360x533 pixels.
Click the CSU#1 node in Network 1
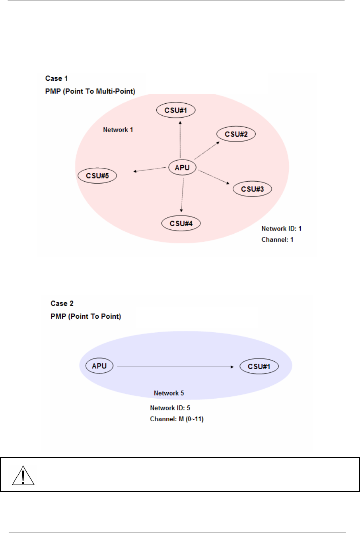coord(176,110)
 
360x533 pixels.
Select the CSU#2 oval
coord(236,134)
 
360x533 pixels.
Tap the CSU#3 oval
coord(252,189)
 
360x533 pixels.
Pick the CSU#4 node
coord(181,223)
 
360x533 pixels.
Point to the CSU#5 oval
coord(97,175)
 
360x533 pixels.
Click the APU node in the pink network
coord(182,167)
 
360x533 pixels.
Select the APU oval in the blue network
coord(99,366)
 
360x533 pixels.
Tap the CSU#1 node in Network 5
coord(259,366)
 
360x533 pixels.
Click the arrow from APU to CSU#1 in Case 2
coord(175,367)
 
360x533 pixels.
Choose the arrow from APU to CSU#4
coord(183,195)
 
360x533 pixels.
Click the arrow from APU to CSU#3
coord(214,177)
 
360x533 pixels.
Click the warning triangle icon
coord(23,476)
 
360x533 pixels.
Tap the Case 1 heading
coord(56,78)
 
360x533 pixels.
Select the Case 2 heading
coord(62,303)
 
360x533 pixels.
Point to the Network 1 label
coord(118,130)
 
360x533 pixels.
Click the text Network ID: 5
coord(170,408)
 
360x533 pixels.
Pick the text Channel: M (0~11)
coord(177,419)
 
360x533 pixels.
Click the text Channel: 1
coord(277,240)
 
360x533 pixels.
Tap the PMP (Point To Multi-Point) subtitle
coord(90,91)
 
